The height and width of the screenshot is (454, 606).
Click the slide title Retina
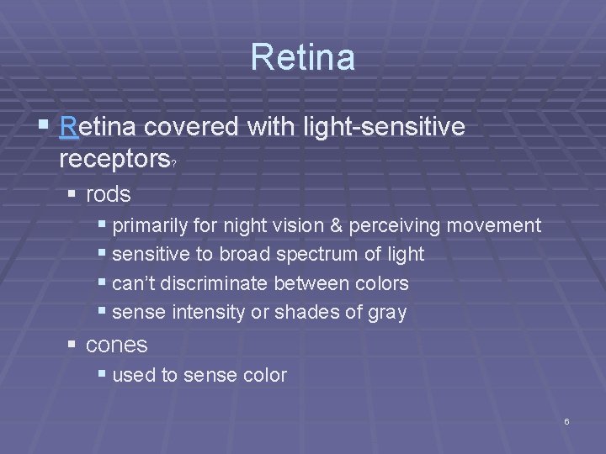(x=302, y=57)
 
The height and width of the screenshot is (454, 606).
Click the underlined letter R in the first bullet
(x=69, y=128)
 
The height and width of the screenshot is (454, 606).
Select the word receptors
(x=114, y=159)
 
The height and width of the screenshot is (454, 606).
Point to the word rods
(x=109, y=195)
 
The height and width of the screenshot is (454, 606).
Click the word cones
(x=116, y=345)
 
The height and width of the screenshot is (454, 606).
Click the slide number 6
(x=566, y=421)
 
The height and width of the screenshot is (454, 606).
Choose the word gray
(x=387, y=314)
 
